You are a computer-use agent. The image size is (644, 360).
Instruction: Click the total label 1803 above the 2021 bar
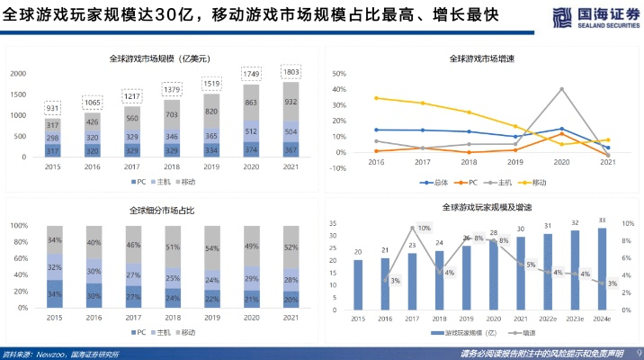pos(292,71)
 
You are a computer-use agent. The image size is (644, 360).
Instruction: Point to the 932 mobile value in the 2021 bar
pos(292,103)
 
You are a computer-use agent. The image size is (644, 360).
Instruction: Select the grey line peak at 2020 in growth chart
pos(561,89)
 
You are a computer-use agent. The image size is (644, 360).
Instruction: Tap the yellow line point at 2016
pos(375,98)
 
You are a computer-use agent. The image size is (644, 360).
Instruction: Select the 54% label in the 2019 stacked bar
pos(211,247)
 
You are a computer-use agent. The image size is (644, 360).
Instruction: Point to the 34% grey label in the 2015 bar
pos(54,240)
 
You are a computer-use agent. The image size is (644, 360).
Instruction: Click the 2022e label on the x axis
pos(546,318)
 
